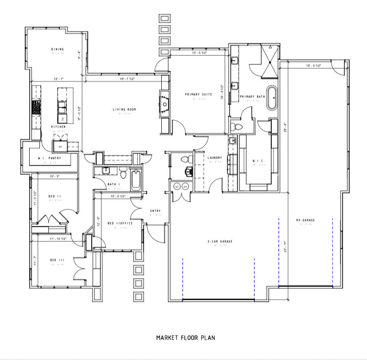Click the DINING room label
(x=57, y=49)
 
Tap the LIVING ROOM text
(x=124, y=109)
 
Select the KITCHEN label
(x=58, y=127)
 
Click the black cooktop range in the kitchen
(x=36, y=107)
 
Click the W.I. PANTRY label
(x=49, y=158)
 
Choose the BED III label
(x=56, y=260)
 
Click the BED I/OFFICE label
(x=120, y=223)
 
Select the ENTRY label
(x=155, y=211)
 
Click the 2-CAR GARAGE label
(x=220, y=241)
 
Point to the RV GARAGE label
(x=305, y=220)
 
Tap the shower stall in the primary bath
(x=268, y=56)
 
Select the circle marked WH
(x=185, y=186)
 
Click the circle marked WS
(x=177, y=186)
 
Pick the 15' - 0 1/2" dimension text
(x=313, y=66)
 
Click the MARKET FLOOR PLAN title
(x=185, y=338)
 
